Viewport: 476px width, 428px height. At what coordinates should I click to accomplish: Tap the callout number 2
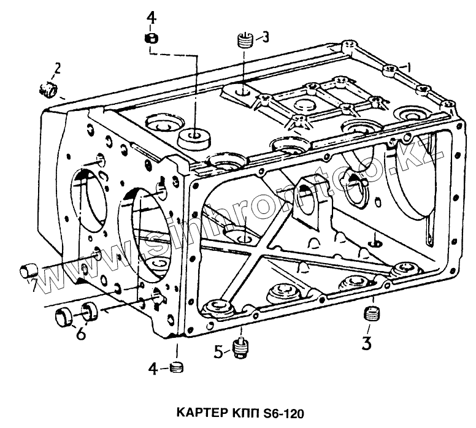coord(57,67)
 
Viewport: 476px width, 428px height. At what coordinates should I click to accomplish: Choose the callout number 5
coord(220,353)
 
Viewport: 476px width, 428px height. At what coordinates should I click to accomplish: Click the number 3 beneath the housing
coord(367,342)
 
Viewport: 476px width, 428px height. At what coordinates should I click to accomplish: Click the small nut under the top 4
coord(152,39)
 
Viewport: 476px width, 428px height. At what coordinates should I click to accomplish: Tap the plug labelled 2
coord(48,90)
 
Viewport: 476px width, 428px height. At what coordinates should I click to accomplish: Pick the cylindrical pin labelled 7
coord(29,269)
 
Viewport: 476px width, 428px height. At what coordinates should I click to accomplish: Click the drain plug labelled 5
coord(240,347)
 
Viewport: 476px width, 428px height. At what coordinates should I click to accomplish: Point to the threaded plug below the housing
coord(370,315)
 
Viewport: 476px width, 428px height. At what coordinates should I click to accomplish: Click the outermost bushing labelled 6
coord(63,318)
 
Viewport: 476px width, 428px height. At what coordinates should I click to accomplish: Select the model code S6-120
coord(280,411)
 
